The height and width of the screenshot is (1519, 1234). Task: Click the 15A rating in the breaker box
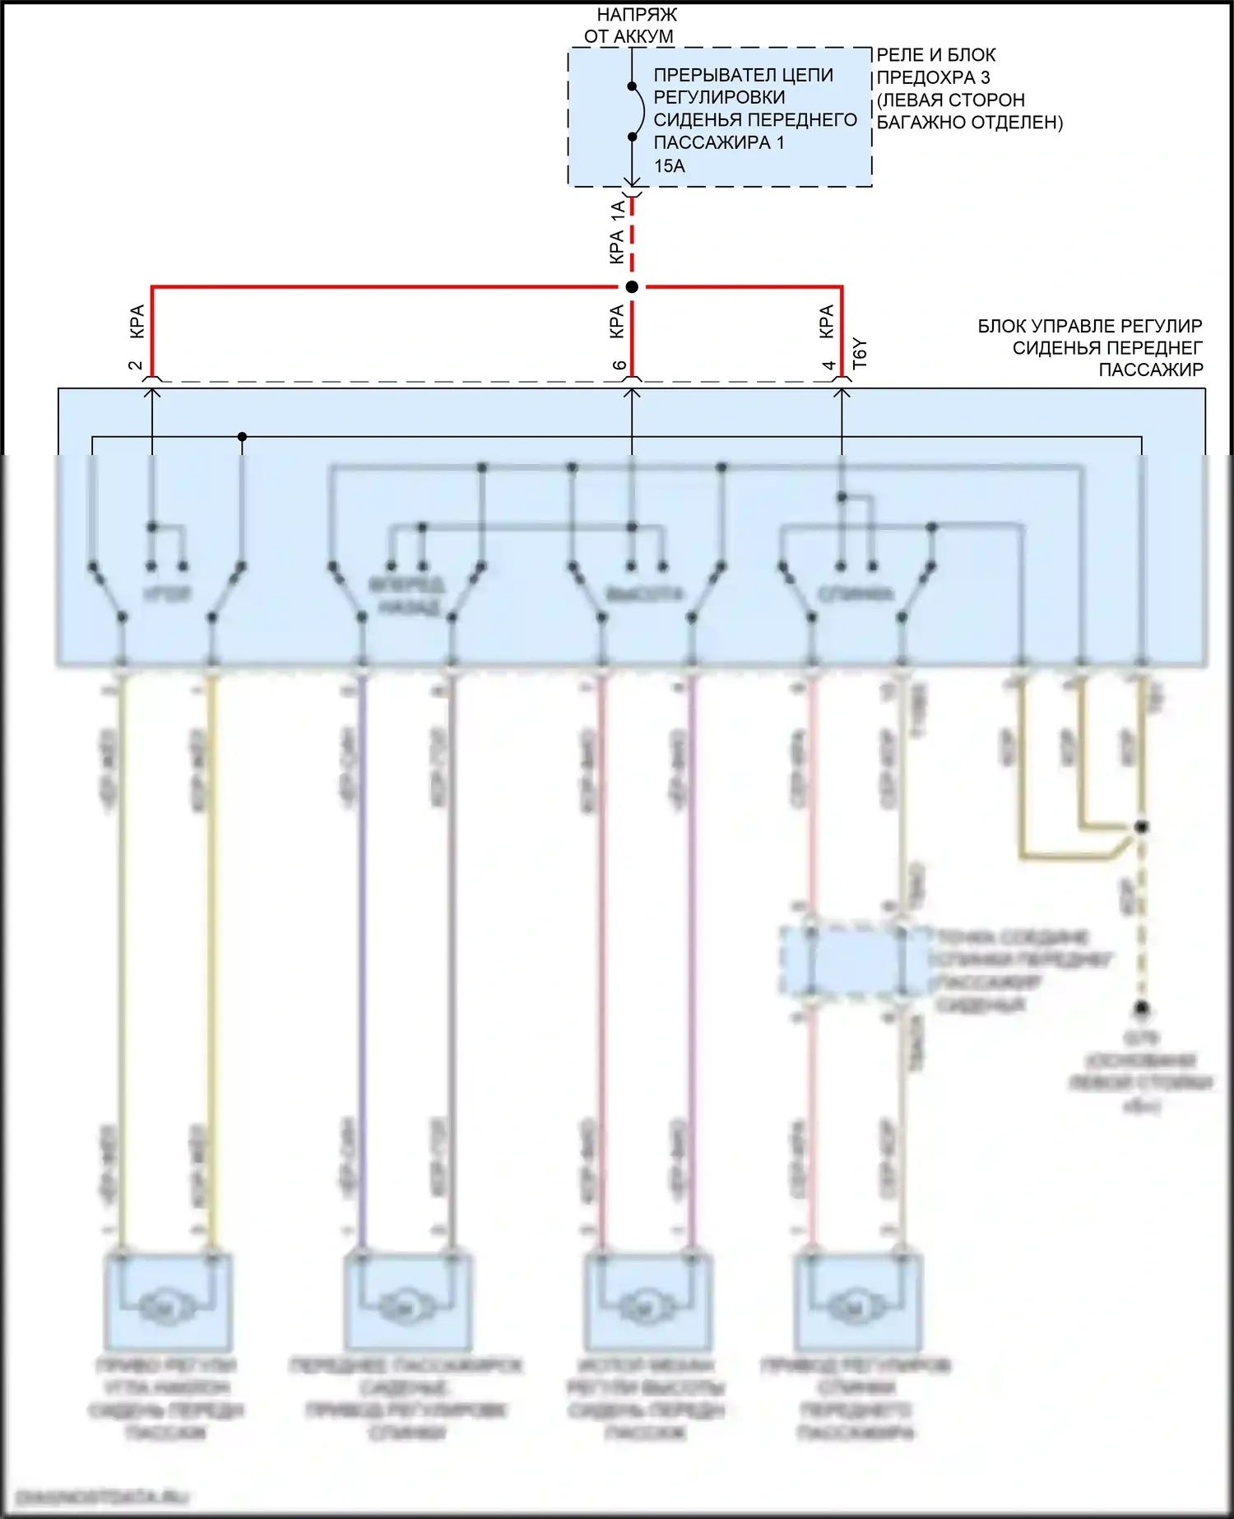coord(669,166)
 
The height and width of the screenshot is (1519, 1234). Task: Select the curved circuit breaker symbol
coord(638,111)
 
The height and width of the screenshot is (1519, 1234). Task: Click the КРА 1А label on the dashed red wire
coord(617,233)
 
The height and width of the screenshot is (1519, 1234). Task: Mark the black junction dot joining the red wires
coord(632,287)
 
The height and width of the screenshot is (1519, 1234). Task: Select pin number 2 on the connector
coord(137,365)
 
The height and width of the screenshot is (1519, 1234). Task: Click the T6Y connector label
coord(860,354)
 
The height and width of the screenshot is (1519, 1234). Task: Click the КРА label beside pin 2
coord(137,321)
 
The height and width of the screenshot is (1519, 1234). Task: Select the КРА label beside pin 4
coord(827,321)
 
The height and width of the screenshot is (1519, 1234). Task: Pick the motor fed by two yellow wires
coord(167,1303)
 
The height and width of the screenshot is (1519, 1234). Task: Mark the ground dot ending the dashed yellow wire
coord(1142,1008)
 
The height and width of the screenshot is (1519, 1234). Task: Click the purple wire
coord(362,946)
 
